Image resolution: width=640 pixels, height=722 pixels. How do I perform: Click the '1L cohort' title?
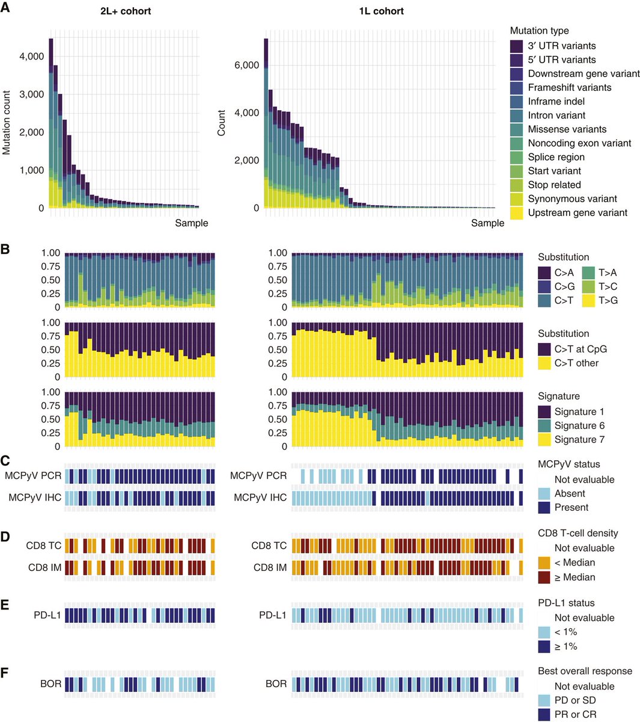coord(381,11)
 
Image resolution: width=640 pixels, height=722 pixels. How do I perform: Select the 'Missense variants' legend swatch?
coord(517,129)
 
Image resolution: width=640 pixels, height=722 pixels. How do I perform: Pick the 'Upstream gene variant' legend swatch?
coord(517,212)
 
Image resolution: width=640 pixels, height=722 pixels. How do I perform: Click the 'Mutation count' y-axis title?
coord(7,123)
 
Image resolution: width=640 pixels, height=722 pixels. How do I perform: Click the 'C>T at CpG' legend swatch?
coord(545,349)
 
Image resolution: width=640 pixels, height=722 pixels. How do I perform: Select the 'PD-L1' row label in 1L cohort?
coord(273,616)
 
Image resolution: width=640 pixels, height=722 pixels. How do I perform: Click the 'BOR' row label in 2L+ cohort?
coord(51,684)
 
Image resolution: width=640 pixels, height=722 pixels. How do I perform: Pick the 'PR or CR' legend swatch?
coord(545,715)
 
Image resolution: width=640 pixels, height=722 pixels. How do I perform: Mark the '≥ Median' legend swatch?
coord(545,577)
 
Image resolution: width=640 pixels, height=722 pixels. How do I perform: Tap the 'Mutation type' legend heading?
coord(539,31)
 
